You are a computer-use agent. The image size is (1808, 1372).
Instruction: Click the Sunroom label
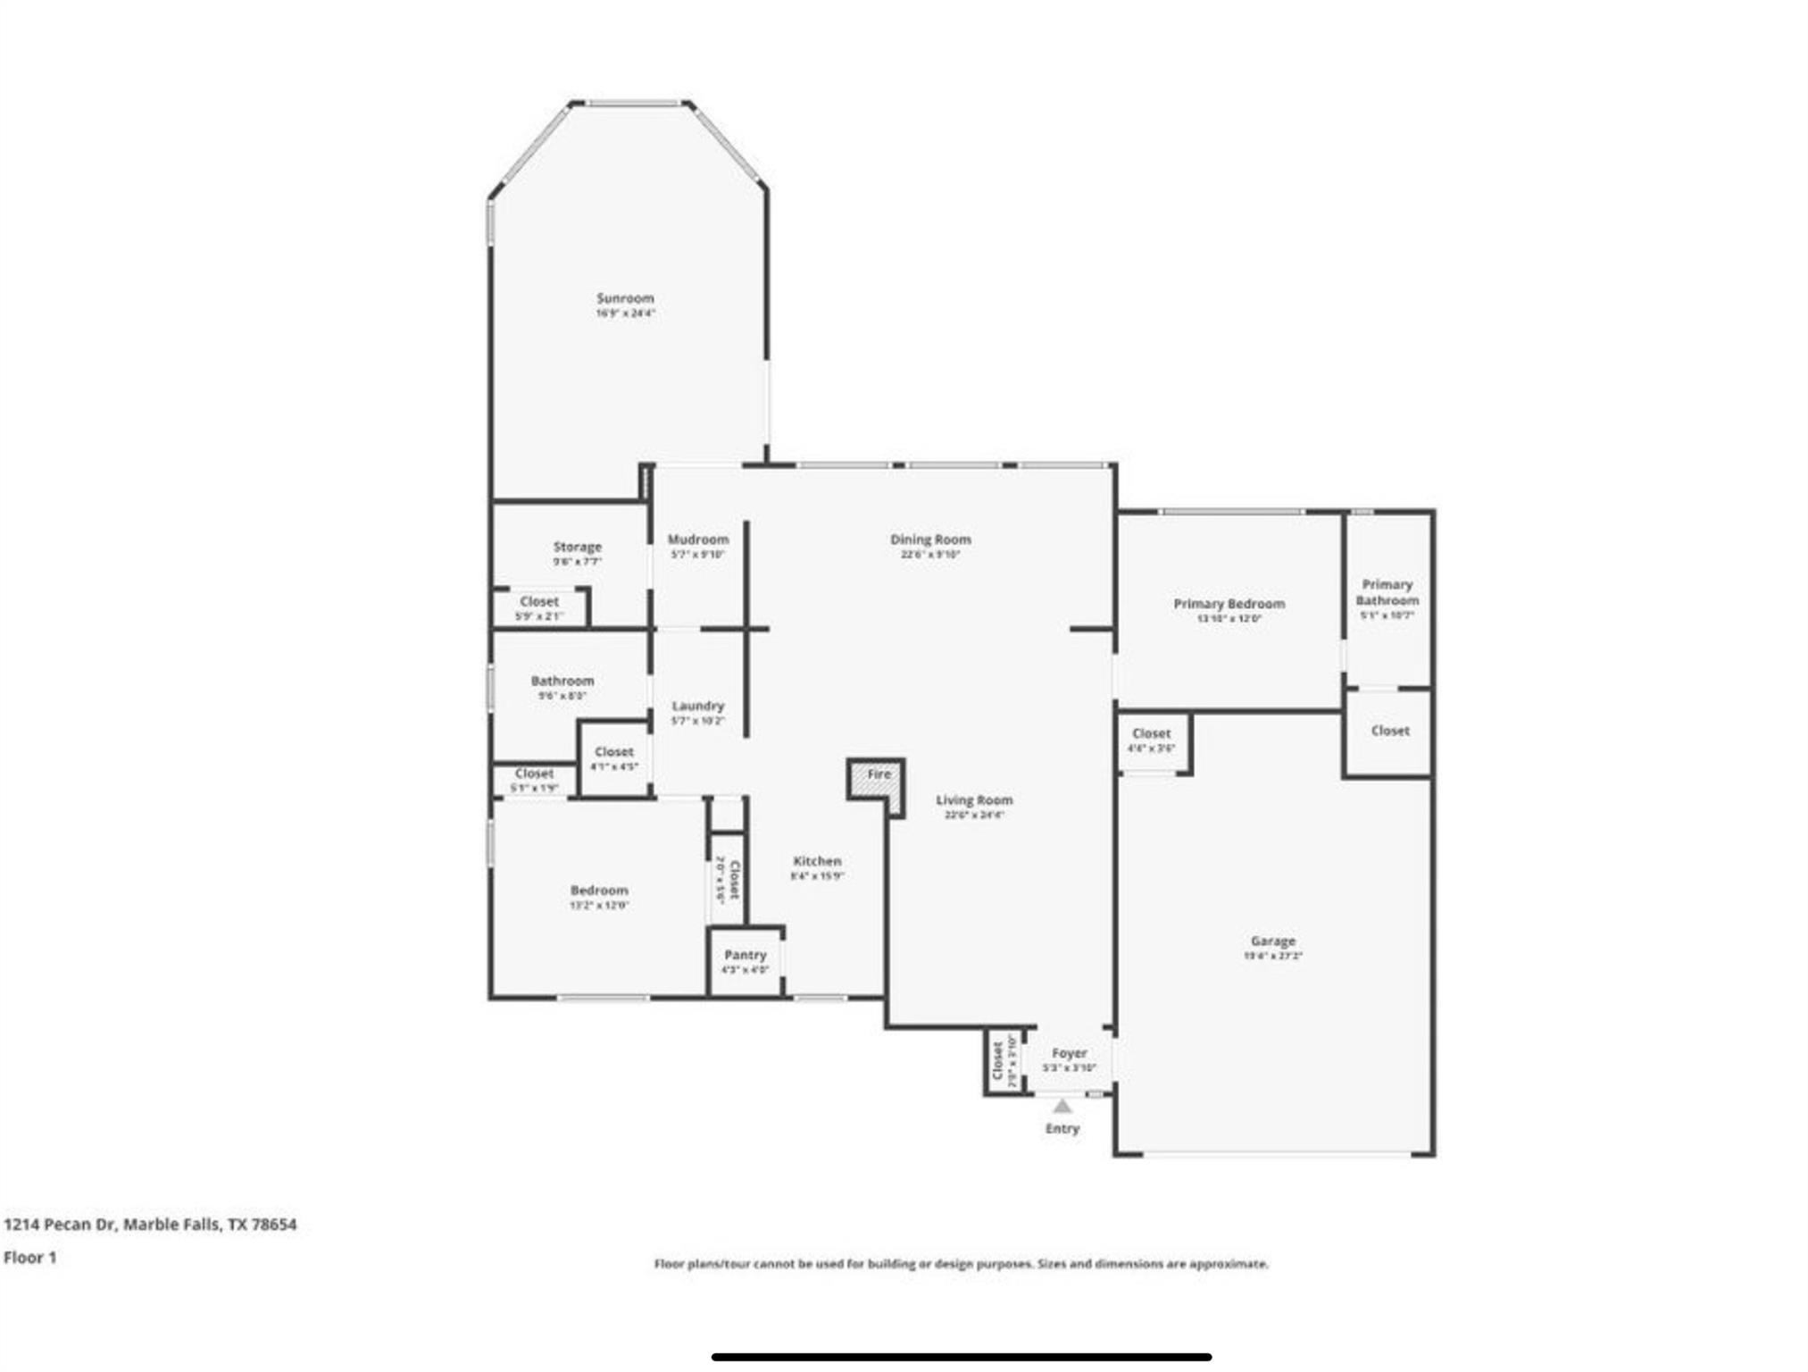tap(625, 298)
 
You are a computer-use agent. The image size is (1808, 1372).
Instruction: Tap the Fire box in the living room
tap(877, 776)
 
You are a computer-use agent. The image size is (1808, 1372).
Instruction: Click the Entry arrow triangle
tap(1062, 1107)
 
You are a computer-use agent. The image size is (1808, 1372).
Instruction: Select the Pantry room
tap(745, 961)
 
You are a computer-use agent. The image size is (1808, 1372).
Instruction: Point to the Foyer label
tap(1069, 1053)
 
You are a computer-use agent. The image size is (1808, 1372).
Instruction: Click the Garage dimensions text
tap(1272, 956)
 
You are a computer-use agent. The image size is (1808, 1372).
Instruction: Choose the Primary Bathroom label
tap(1387, 591)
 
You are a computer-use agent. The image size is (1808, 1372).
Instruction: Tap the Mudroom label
tap(698, 540)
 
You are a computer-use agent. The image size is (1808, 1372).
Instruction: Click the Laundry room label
tap(698, 706)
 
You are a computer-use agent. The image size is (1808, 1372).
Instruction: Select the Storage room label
tap(578, 547)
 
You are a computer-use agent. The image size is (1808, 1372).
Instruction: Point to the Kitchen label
tap(817, 861)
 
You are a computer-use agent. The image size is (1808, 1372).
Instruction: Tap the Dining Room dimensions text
tap(930, 555)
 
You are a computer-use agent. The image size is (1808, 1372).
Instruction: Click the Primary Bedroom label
tap(1229, 604)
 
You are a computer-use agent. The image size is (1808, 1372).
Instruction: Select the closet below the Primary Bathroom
tap(1389, 731)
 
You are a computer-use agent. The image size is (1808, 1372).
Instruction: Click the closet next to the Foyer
tap(1003, 1062)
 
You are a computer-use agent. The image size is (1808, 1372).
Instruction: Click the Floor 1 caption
tap(30, 1258)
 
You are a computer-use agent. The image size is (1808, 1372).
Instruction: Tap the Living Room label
tap(974, 800)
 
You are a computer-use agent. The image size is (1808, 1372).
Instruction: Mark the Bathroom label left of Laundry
tap(562, 681)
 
